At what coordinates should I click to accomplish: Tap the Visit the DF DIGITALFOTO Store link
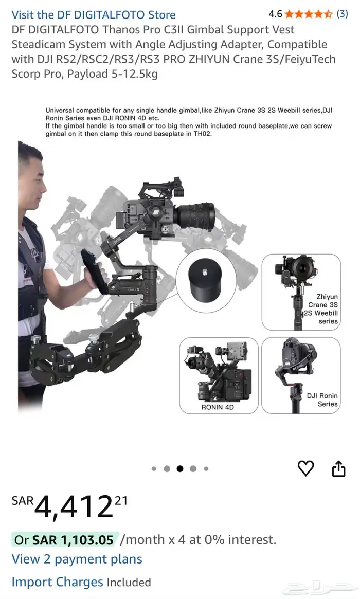94,15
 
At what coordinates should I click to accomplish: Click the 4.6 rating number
275,14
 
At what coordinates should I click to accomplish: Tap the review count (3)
342,14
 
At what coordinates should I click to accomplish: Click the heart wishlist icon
305,468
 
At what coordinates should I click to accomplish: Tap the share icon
338,469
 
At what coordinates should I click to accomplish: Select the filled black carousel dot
180,469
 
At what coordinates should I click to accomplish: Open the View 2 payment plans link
77,559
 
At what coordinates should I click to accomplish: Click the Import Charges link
57,582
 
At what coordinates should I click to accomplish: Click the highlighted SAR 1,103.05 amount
73,540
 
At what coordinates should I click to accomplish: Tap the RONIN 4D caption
218,407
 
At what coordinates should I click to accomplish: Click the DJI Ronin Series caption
322,400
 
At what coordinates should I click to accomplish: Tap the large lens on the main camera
196,216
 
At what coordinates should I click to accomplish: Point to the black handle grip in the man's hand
92,271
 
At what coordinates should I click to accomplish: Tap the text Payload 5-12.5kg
112,74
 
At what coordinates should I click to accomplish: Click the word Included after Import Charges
129,582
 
